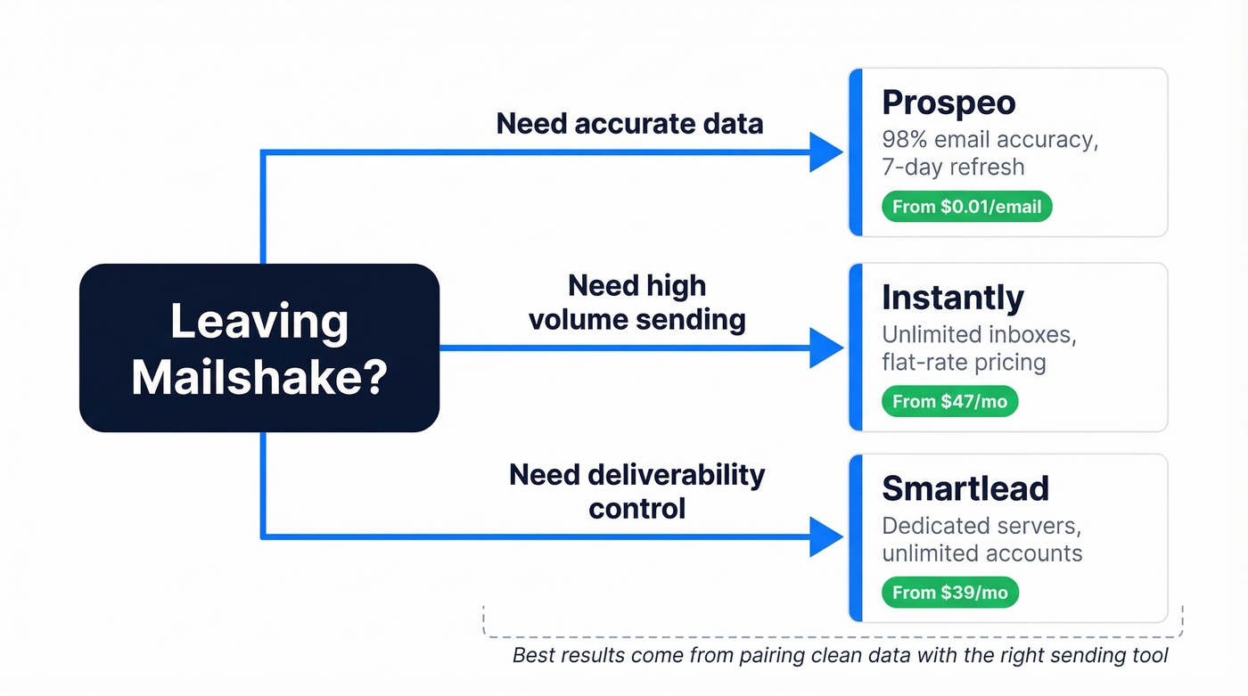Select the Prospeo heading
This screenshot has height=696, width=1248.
click(948, 102)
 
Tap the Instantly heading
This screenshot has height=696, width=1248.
click(952, 297)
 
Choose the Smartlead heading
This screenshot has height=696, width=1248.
click(965, 488)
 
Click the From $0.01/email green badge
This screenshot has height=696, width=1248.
click(966, 207)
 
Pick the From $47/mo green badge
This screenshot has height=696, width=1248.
click(949, 401)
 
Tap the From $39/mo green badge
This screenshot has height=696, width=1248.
click(949, 593)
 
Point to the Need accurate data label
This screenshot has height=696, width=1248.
click(629, 123)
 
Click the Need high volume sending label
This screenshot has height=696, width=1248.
click(636, 302)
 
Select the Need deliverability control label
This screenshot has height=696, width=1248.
click(636, 491)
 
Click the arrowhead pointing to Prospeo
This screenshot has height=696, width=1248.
click(825, 152)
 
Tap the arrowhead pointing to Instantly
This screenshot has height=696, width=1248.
click(825, 348)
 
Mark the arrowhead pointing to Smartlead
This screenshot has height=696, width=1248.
click(825, 537)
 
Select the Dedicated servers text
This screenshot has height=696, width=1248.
click(981, 526)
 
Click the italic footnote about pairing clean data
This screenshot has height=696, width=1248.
click(840, 656)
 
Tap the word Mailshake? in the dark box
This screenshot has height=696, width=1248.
click(259, 377)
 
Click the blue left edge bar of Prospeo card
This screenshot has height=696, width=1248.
click(856, 152)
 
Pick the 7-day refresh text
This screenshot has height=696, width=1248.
click(953, 167)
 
